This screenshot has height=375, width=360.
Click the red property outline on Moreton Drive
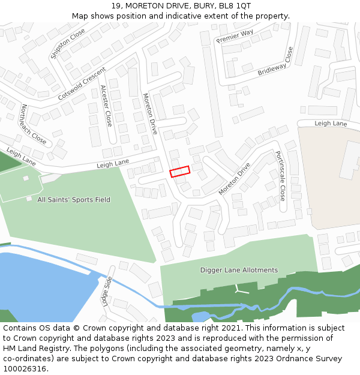[180, 172]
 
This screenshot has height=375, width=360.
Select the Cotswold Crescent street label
[82, 83]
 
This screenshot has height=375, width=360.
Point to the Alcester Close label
[106, 106]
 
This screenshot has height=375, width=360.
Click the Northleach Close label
[33, 125]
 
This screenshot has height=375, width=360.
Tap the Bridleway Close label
[276, 62]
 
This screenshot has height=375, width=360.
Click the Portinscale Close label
[280, 175]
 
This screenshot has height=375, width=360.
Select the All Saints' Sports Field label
[74, 200]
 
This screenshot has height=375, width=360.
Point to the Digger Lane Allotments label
[239, 270]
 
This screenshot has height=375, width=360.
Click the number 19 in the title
[115, 6]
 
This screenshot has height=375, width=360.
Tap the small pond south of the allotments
[201, 316]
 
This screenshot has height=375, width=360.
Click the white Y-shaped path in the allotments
[241, 290]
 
